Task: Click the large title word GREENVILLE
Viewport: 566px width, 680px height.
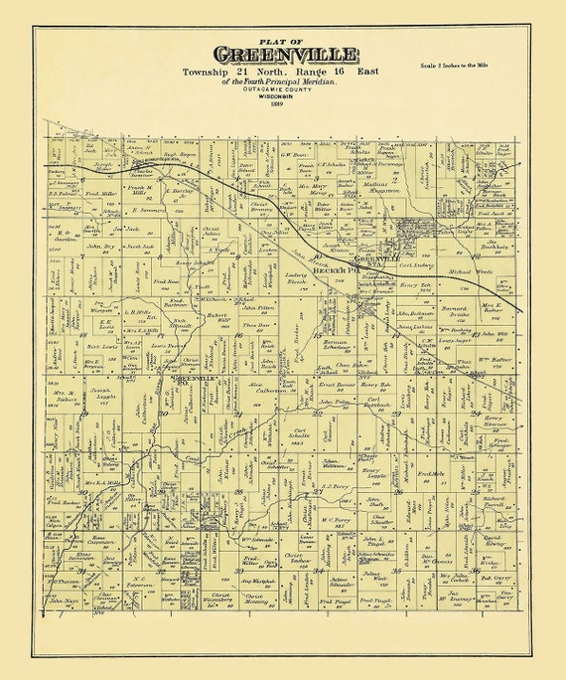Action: coord(282,57)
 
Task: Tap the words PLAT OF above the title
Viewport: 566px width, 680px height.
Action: coord(281,41)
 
